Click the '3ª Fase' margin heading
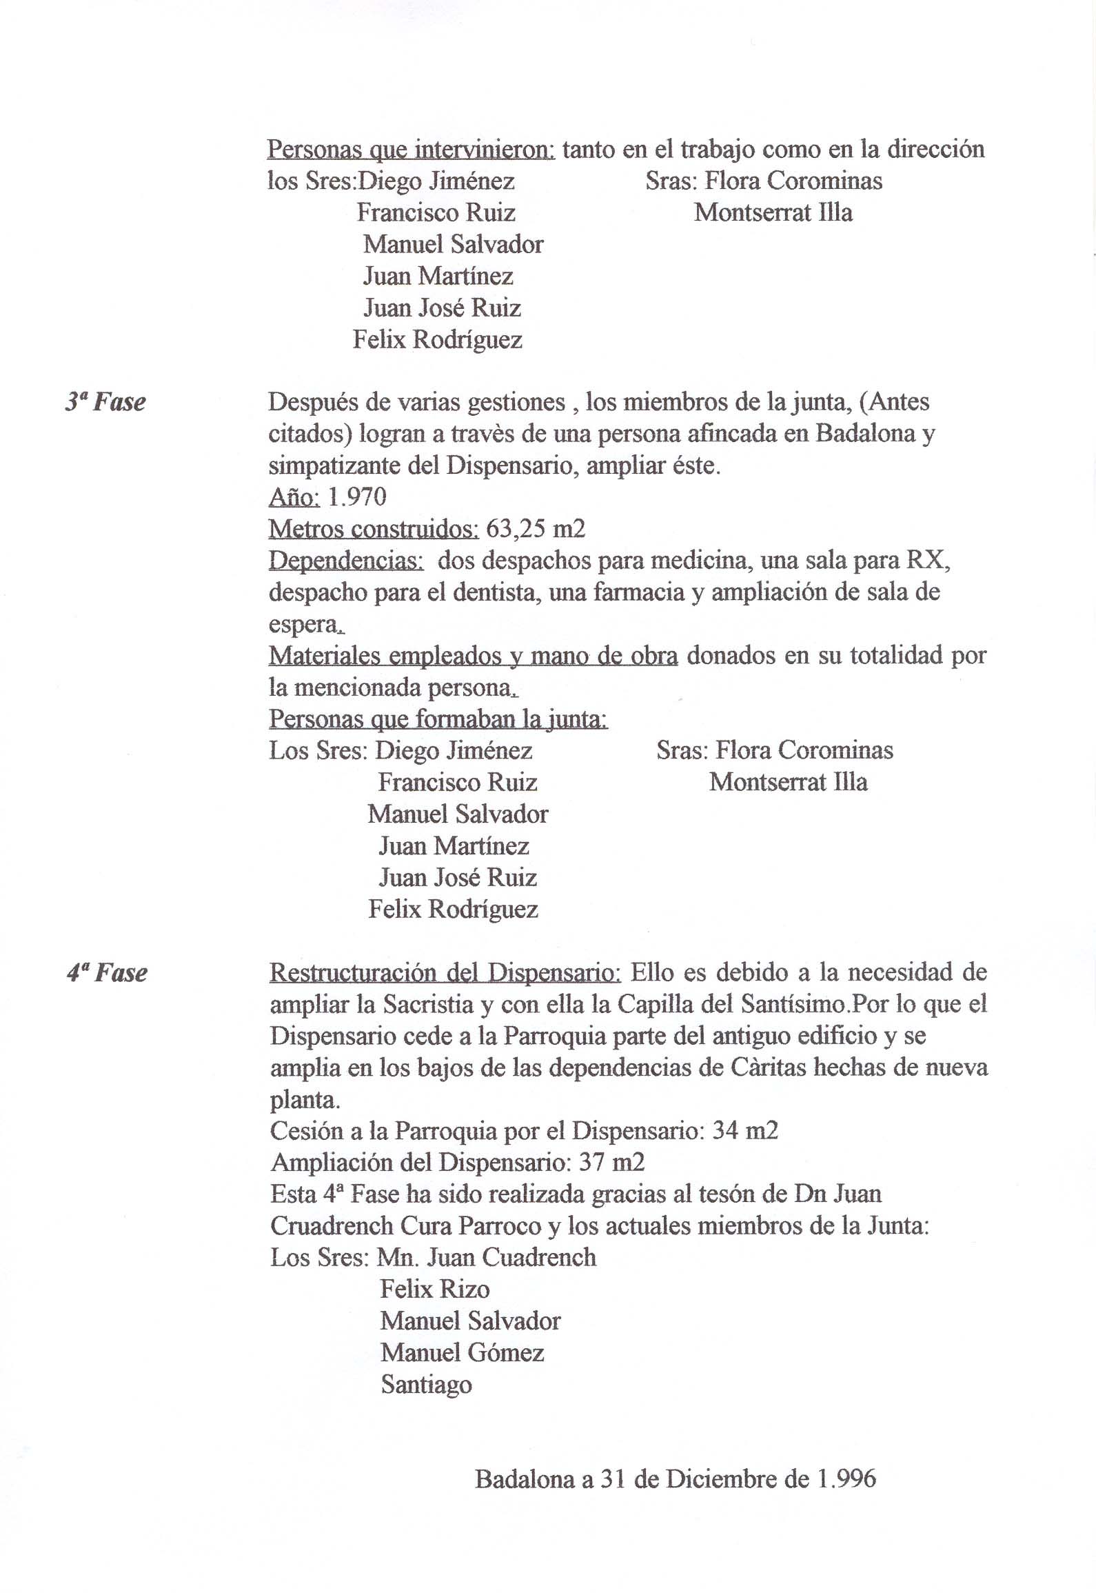105,403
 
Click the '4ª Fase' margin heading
107,973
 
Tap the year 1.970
358,497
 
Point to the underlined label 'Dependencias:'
346,561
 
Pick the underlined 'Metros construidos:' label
373,529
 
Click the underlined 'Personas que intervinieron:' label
411,150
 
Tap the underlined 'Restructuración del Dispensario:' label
445,973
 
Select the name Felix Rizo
435,1289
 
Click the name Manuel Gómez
463,1352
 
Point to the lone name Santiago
427,1384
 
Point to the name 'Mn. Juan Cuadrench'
487,1257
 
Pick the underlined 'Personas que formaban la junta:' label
438,719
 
